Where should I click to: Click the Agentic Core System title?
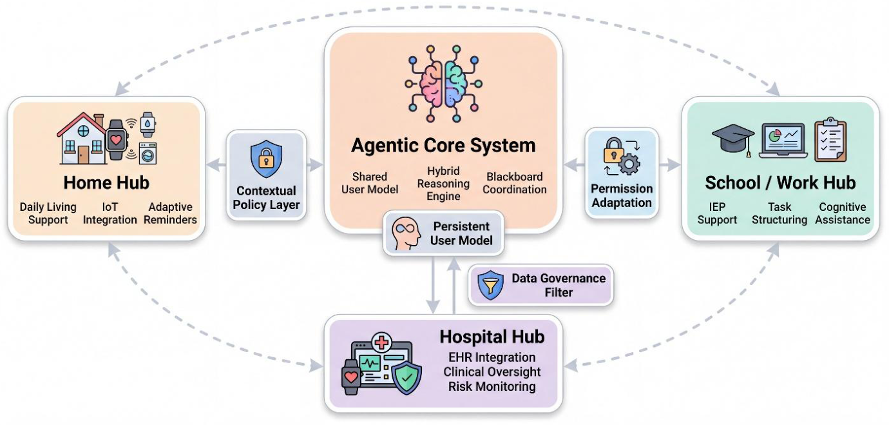tap(443, 145)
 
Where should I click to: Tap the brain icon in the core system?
tap(443, 84)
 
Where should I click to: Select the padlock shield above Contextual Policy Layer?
tap(266, 159)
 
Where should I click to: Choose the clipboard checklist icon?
tap(830, 139)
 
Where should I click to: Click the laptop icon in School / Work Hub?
tap(783, 141)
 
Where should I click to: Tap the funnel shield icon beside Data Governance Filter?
tap(490, 285)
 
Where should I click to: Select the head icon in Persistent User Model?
tap(406, 233)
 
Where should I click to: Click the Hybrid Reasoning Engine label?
tap(443, 184)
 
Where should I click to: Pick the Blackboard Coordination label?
tap(514, 183)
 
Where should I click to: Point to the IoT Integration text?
tap(110, 213)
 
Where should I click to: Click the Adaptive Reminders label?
tap(170, 213)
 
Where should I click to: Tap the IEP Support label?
tap(717, 213)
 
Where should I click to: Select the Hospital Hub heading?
tap(492, 337)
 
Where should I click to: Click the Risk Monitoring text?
tap(492, 386)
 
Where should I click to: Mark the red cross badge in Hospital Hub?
tap(382, 342)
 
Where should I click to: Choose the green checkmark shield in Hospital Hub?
tap(406, 378)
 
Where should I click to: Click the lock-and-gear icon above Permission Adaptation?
tap(622, 157)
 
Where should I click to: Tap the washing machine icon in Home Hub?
tap(148, 153)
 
